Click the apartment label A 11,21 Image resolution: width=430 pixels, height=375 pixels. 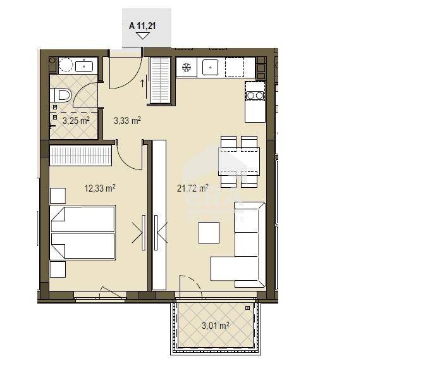click(x=142, y=26)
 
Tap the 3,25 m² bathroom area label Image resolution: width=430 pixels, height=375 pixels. click(x=76, y=120)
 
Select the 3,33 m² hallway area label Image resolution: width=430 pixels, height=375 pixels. click(x=127, y=120)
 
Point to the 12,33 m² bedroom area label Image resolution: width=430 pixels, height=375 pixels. click(x=100, y=188)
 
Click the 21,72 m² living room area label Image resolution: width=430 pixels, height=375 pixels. click(x=192, y=188)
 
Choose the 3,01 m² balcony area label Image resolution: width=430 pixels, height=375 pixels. click(x=215, y=326)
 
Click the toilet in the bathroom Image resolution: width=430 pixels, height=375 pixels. click(x=61, y=95)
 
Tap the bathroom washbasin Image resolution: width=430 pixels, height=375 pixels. click(x=84, y=66)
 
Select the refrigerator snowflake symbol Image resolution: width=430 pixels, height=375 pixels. click(x=187, y=67)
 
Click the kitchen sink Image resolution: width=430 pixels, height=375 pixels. click(x=210, y=67)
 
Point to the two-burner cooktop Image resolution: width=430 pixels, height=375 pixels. click(x=255, y=95)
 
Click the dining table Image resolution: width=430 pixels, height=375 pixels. click(x=239, y=161)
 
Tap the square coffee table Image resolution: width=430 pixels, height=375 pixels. click(x=209, y=233)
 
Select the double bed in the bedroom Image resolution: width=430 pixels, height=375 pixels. click(x=83, y=232)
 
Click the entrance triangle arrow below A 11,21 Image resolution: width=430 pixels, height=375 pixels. click(x=143, y=35)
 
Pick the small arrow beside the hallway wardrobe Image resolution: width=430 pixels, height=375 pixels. click(x=142, y=83)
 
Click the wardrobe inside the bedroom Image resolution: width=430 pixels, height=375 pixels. click(x=81, y=156)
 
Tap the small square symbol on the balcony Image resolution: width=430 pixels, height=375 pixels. click(x=248, y=308)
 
